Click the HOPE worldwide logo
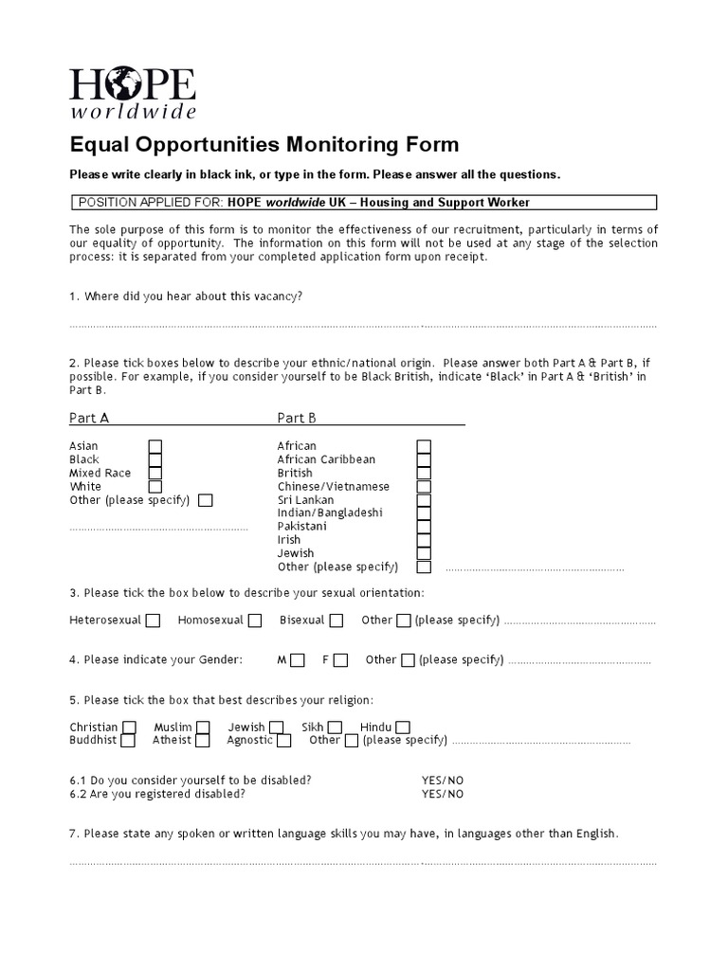coord(133,93)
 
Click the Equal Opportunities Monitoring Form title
coord(264,145)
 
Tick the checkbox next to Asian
coord(155,446)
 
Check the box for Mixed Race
coord(155,473)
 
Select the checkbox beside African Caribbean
coord(424,459)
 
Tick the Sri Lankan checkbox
coord(424,499)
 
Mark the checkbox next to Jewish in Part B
coord(424,553)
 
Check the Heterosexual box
coord(154,620)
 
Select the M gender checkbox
coord(298,660)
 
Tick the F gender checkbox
coord(341,660)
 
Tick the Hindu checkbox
coord(403,727)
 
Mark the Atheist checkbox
coord(203,741)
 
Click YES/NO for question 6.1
coord(443,781)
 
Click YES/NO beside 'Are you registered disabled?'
coord(443,794)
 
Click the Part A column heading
coord(89,418)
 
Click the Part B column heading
coord(297,418)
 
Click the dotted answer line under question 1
coord(362,326)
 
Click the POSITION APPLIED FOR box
coord(364,203)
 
